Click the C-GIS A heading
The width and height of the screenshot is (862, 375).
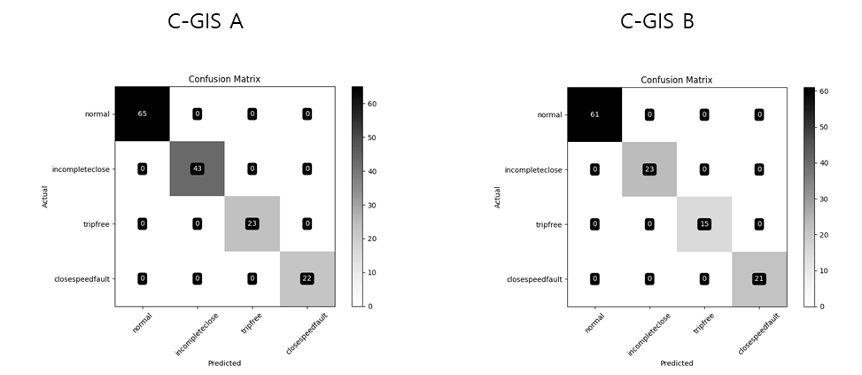[x=205, y=21]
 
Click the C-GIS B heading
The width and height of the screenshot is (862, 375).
[x=657, y=21]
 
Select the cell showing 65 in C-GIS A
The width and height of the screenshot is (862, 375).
[x=143, y=113]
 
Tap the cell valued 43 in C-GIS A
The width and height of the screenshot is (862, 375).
[x=198, y=168]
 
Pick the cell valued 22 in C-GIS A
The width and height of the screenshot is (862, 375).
[x=307, y=278]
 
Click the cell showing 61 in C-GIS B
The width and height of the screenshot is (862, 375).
[x=594, y=114]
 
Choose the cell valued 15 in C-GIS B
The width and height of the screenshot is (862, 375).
[x=704, y=224]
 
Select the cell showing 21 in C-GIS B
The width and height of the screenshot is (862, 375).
[x=759, y=278]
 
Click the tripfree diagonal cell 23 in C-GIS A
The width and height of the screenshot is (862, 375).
[x=252, y=223]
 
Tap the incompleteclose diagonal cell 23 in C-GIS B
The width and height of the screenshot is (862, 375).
[x=649, y=169]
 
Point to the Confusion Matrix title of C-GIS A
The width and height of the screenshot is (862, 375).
[x=224, y=79]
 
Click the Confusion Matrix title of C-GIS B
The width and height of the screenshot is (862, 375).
[x=677, y=80]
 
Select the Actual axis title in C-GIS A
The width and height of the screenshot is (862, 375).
[x=46, y=196]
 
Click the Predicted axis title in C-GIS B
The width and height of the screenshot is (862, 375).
[x=677, y=363]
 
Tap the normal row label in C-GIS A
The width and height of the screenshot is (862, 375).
[x=97, y=114]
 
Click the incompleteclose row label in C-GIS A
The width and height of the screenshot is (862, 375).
[x=81, y=169]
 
